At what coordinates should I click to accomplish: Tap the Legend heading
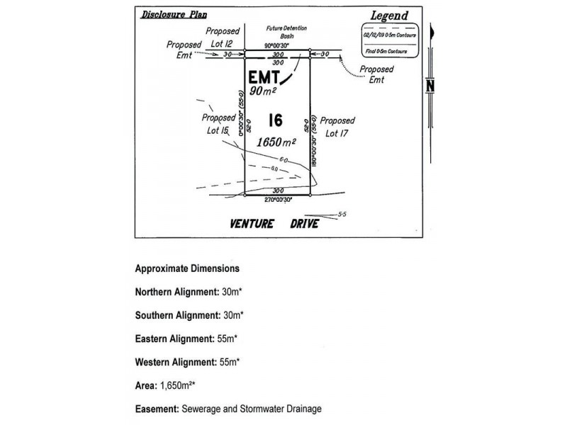coord(389,15)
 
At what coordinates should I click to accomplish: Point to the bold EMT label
coord(265,76)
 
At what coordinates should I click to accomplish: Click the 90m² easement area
coord(264,91)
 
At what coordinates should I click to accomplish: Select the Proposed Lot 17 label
coord(338,127)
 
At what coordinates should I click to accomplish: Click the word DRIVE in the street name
coord(304,224)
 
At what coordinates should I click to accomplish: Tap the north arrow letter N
coord(430,86)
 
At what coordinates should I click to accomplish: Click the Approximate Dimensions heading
coord(187,269)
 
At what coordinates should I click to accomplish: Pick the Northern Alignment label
coord(174,292)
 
